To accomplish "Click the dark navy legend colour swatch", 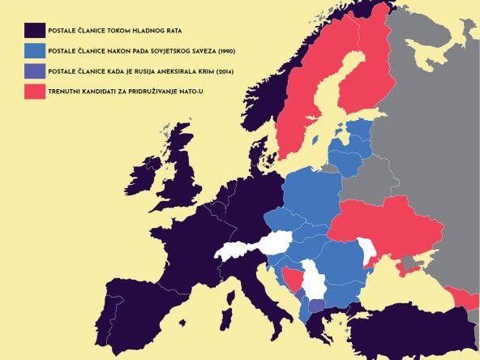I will point(34,31).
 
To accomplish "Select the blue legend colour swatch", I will point(34,51).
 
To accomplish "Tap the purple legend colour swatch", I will point(34,72).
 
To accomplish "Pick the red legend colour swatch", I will point(34,92).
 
